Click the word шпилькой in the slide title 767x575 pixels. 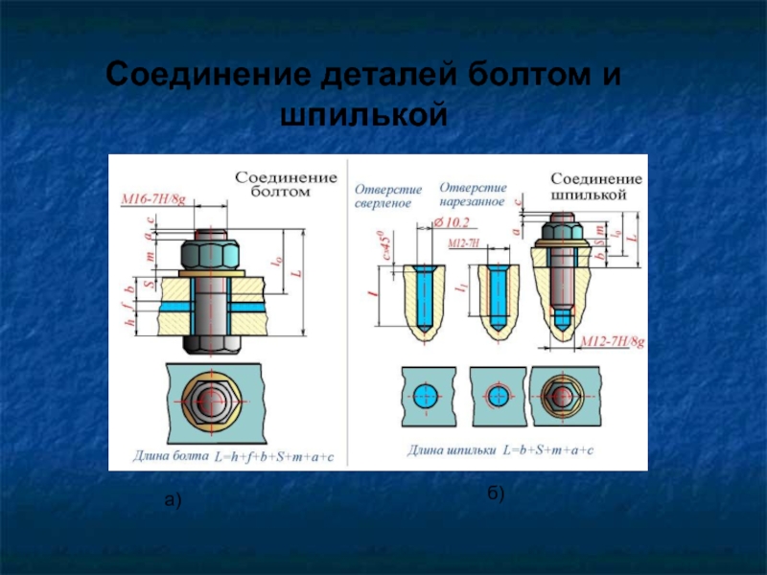click(363, 114)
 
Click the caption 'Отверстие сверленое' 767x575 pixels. click(383, 195)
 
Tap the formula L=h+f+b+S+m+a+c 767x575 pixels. click(273, 456)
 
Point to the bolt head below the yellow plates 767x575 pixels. click(211, 342)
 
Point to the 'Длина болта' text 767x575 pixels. click(170, 456)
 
